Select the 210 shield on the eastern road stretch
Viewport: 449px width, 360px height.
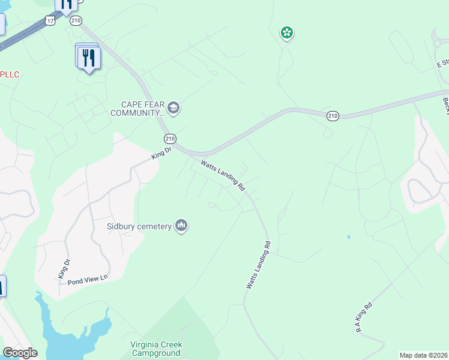[x=333, y=115]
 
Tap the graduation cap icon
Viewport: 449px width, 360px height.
[x=174, y=108]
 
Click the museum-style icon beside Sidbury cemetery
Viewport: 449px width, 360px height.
[x=181, y=226]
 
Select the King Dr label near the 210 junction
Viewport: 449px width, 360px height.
[x=161, y=154]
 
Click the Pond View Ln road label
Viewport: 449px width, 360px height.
[x=87, y=278]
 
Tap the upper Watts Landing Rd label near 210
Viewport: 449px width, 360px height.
[x=223, y=175]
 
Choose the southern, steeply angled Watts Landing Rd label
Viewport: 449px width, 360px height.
[x=259, y=265]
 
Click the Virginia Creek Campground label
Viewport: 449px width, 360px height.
[x=157, y=349]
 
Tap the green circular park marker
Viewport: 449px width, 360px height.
[x=287, y=33]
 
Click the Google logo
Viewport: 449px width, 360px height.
[x=20, y=353]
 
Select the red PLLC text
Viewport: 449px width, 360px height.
[x=10, y=74]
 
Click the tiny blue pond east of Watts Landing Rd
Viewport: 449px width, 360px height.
[x=348, y=237]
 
